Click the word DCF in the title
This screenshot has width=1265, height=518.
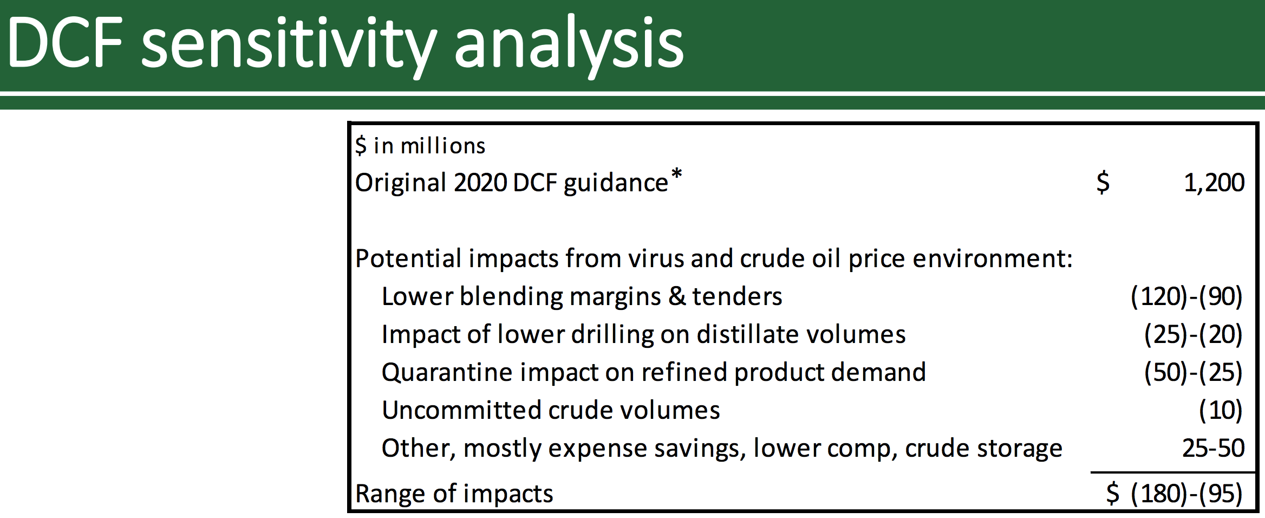coord(66,43)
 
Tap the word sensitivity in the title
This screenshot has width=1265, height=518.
coord(289,46)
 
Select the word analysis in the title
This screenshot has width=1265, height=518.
coord(569,46)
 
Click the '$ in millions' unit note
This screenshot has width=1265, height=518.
coord(420,146)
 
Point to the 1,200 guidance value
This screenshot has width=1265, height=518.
coord(1214,183)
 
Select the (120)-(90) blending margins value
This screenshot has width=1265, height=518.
coord(1186,296)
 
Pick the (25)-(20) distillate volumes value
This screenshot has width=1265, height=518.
coord(1193,334)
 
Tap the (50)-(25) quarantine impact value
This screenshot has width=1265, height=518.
coord(1193,372)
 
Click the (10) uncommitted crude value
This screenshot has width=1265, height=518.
coord(1221,410)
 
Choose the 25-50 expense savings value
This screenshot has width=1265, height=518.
coord(1213,448)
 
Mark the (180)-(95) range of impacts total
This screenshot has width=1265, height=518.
coord(1186,494)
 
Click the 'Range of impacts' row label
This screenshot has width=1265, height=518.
coord(454,494)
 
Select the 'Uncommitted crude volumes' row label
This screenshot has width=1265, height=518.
coord(551,410)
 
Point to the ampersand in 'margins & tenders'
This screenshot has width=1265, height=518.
coord(676,296)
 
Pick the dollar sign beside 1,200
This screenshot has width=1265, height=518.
coord(1103,183)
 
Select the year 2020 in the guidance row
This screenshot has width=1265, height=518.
coord(480,183)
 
